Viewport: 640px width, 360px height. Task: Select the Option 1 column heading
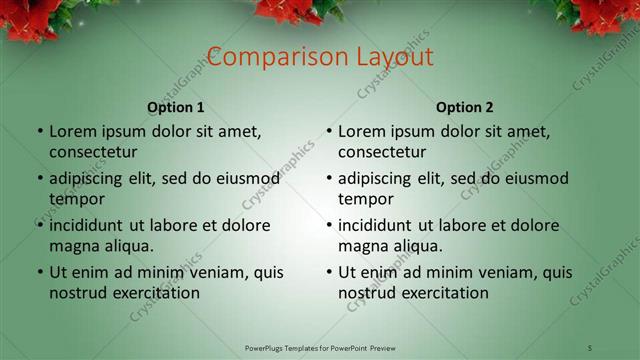[176, 107]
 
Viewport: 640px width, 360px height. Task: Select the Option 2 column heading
[465, 107]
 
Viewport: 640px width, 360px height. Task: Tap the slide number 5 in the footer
[590, 347]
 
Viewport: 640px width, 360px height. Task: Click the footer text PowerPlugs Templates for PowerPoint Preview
[319, 347]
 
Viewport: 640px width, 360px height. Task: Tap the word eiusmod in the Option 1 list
[246, 178]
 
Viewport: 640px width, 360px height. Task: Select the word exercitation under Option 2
[445, 293]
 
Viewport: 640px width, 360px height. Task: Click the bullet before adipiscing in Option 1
[39, 179]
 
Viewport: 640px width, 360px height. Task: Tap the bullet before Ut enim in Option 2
[328, 273]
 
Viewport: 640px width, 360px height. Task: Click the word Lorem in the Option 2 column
[361, 131]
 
